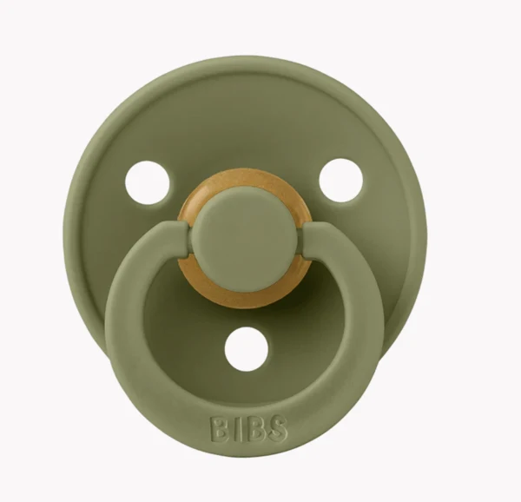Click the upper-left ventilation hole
click(147, 182)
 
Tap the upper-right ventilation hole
click(340, 181)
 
